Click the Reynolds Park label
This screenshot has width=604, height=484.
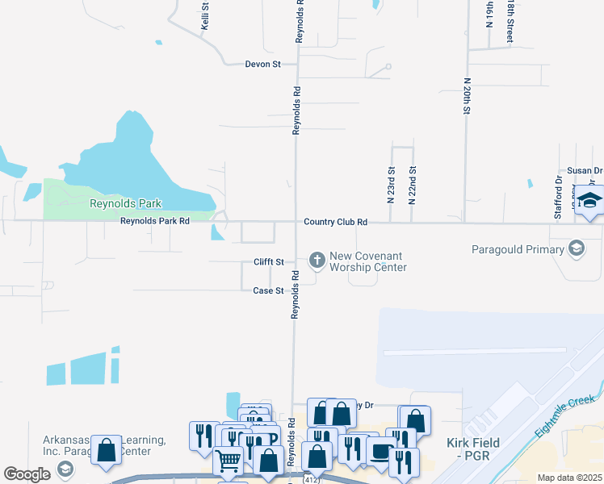pos(126,204)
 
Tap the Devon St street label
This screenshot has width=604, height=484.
pos(263,64)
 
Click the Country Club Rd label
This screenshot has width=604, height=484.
pos(336,222)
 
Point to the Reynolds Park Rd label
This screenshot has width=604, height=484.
pos(155,221)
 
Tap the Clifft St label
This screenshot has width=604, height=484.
pos(269,262)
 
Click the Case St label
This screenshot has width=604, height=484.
pos(268,290)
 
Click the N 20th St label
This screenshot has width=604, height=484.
pos(467,98)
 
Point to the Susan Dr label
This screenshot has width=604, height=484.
pos(585,171)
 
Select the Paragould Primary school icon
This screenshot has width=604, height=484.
pos(577,248)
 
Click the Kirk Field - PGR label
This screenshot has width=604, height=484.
pos(473,449)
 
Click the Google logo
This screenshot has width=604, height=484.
pos(27,474)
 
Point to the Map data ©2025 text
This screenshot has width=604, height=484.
pos(569,478)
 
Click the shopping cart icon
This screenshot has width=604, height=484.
pos(229,461)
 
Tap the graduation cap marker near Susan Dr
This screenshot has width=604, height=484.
pos(589,200)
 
